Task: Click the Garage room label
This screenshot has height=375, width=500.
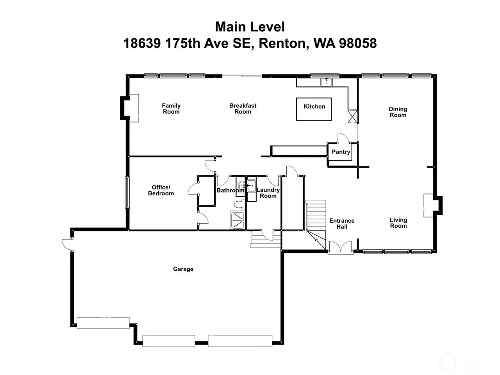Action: (183, 269)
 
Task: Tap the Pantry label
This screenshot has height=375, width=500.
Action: (341, 152)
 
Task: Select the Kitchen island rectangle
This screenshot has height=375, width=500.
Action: (314, 109)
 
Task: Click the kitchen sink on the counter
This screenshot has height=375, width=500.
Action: (327, 82)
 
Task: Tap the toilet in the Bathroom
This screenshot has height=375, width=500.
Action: (239, 204)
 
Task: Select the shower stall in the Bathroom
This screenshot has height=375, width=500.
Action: (238, 220)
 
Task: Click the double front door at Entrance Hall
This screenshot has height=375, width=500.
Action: (341, 248)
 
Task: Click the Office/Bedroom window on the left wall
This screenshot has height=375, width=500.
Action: (127, 193)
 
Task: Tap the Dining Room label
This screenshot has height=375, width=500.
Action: (398, 112)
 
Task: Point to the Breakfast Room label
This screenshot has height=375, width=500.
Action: (243, 109)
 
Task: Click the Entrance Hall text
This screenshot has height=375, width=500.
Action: (342, 223)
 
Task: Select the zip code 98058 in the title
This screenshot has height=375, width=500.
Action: (358, 43)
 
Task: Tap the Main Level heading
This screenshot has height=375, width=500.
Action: (250, 27)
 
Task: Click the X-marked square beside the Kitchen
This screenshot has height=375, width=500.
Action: (353, 116)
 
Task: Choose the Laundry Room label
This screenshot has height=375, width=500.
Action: (268, 193)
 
